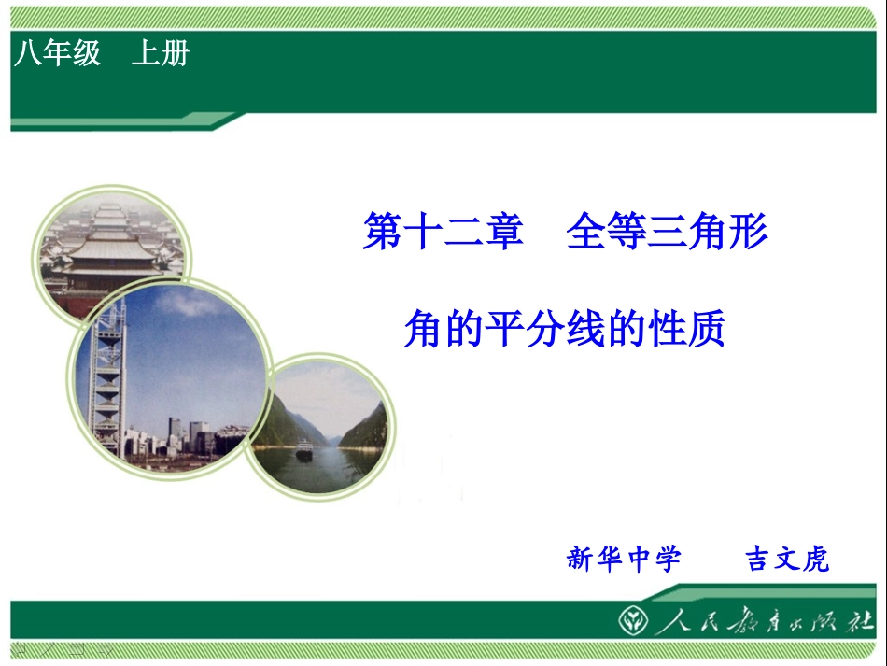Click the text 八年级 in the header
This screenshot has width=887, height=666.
click(57, 54)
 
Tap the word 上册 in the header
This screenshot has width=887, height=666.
click(160, 54)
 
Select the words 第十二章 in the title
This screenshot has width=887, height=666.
click(443, 232)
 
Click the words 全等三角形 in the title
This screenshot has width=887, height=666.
click(667, 232)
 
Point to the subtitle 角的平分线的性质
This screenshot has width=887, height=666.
click(564, 329)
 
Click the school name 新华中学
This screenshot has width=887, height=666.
click(624, 560)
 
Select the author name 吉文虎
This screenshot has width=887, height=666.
click(786, 560)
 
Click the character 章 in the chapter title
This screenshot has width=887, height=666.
click(503, 232)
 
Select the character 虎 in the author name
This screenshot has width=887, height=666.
click(814, 560)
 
